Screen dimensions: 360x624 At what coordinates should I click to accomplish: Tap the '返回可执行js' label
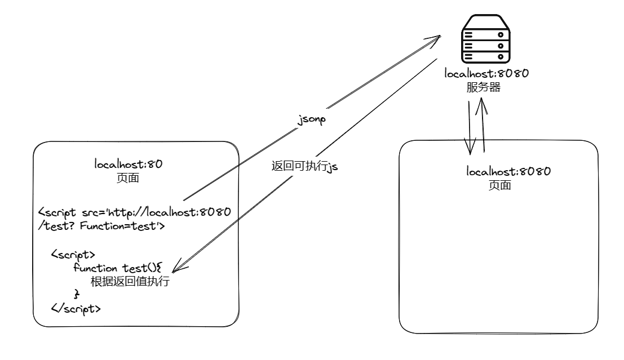(304, 166)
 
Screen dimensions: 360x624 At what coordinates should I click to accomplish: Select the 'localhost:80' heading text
(129, 165)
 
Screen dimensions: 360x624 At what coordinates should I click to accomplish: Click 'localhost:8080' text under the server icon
(486, 74)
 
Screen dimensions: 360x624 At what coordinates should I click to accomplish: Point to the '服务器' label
(484, 88)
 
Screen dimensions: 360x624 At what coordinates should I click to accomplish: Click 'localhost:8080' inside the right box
(508, 171)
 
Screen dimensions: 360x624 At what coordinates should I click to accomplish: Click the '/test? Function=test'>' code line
(101, 226)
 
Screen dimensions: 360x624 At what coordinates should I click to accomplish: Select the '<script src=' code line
(134, 213)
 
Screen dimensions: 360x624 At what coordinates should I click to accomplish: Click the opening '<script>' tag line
(73, 255)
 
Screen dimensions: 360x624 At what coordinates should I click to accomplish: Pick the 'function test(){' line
(117, 268)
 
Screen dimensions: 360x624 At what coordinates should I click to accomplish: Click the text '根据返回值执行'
(130, 282)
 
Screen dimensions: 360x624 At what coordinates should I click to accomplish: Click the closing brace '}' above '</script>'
(77, 295)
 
